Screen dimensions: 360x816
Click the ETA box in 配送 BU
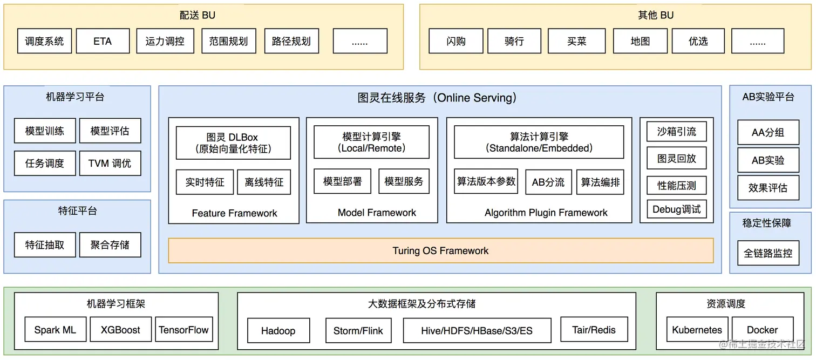point(103,41)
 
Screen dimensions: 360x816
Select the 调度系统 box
point(44,41)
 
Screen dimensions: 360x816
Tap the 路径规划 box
point(291,41)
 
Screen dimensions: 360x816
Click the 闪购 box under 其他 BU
point(455,41)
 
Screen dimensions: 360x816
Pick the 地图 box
point(640,41)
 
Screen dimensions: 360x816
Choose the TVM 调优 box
point(110,163)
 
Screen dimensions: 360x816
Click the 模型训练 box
point(44,131)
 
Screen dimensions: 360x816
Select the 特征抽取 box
point(44,244)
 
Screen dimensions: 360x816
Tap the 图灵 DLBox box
point(233,142)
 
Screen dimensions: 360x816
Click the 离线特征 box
point(264,182)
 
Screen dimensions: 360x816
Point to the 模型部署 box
point(342,181)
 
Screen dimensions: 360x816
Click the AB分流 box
point(548,182)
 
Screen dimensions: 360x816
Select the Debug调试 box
point(676,209)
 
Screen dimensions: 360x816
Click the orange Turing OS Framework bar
point(440,251)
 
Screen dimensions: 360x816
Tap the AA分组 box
point(768,132)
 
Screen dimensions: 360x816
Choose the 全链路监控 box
point(768,253)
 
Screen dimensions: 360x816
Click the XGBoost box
point(120,330)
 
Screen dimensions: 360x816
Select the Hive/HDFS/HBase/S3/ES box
point(477,330)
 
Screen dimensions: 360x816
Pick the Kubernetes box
point(697,330)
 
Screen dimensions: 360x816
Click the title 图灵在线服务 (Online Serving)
point(437,98)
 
